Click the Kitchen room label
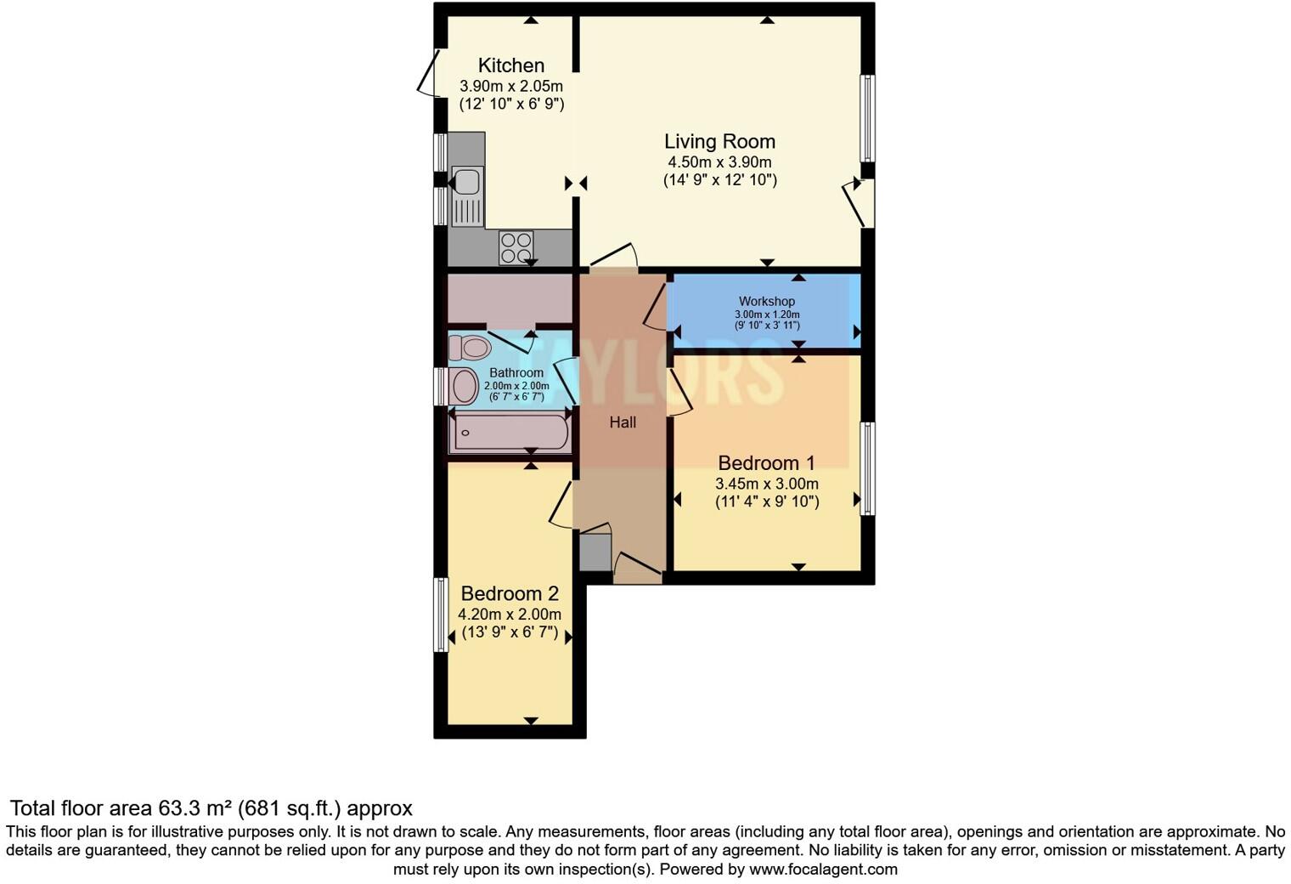pyautogui.click(x=510, y=65)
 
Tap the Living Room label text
pyautogui.click(x=719, y=141)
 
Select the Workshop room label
pyautogui.click(x=766, y=301)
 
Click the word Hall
pyautogui.click(x=623, y=422)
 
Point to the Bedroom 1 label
pyautogui.click(x=766, y=463)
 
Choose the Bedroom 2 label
pyautogui.click(x=510, y=593)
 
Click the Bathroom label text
pyautogui.click(x=516, y=373)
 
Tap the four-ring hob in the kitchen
pyautogui.click(x=516, y=247)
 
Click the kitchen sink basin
pyautogui.click(x=465, y=182)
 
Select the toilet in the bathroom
pyautogui.click(x=471, y=348)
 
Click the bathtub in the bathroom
pyautogui.click(x=510, y=433)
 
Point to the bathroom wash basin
pyautogui.click(x=464, y=387)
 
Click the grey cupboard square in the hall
pyautogui.click(x=595, y=552)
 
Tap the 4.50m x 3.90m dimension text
pyautogui.click(x=719, y=162)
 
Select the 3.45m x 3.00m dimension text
pyautogui.click(x=766, y=484)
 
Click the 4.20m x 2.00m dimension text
pyautogui.click(x=510, y=614)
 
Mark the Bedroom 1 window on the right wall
pyautogui.click(x=867, y=468)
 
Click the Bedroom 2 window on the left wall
pyautogui.click(x=441, y=615)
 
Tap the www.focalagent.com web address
pyautogui.click(x=823, y=870)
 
